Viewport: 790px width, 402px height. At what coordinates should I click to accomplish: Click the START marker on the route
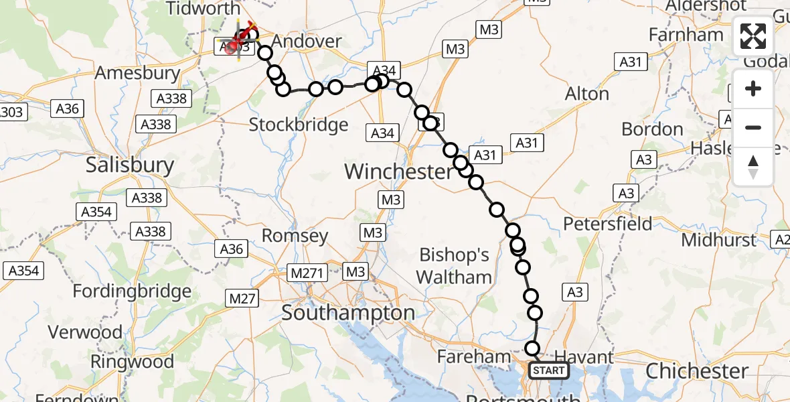click(549, 371)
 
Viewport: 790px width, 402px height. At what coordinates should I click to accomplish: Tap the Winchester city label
click(398, 172)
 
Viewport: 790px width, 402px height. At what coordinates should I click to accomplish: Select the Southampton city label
click(348, 312)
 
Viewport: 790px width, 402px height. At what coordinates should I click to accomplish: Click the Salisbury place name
click(130, 165)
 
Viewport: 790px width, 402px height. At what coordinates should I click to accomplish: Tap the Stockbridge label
click(299, 125)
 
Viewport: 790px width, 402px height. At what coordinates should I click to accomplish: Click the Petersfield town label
click(608, 223)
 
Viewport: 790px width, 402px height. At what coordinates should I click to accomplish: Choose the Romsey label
click(295, 235)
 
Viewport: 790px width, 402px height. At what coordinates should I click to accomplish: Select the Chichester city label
click(698, 371)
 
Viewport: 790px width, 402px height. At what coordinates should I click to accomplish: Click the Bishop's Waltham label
click(455, 266)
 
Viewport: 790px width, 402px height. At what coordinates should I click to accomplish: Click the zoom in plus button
click(753, 89)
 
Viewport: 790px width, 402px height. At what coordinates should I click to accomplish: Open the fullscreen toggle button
click(753, 37)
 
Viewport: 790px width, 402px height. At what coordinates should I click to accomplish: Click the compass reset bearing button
click(753, 165)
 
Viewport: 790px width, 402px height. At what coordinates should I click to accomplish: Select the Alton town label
click(587, 94)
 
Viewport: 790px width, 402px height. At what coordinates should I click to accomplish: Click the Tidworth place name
click(202, 9)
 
